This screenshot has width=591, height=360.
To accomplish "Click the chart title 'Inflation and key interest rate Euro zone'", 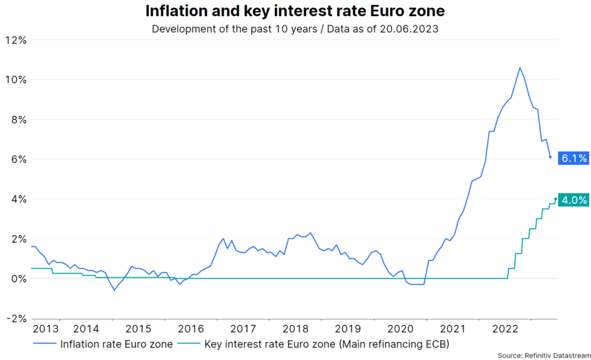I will (x=295, y=12).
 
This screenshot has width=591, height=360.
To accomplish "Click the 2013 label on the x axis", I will (x=46, y=329).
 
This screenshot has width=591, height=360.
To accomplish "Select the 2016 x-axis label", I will (x=191, y=329).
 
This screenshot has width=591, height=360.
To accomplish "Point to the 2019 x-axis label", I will (x=347, y=329).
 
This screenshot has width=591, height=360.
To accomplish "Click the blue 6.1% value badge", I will (x=574, y=157).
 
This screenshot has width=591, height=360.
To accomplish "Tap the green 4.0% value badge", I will (x=574, y=200).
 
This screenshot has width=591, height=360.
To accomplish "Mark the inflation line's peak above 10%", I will (x=519, y=67).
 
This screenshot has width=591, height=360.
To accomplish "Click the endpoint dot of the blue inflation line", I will (x=550, y=157).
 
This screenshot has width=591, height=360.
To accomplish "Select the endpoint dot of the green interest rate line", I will (x=555, y=199).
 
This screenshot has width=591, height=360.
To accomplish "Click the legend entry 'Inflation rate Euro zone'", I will (x=115, y=344).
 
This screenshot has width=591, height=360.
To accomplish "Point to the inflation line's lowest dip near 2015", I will (x=114, y=290).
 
